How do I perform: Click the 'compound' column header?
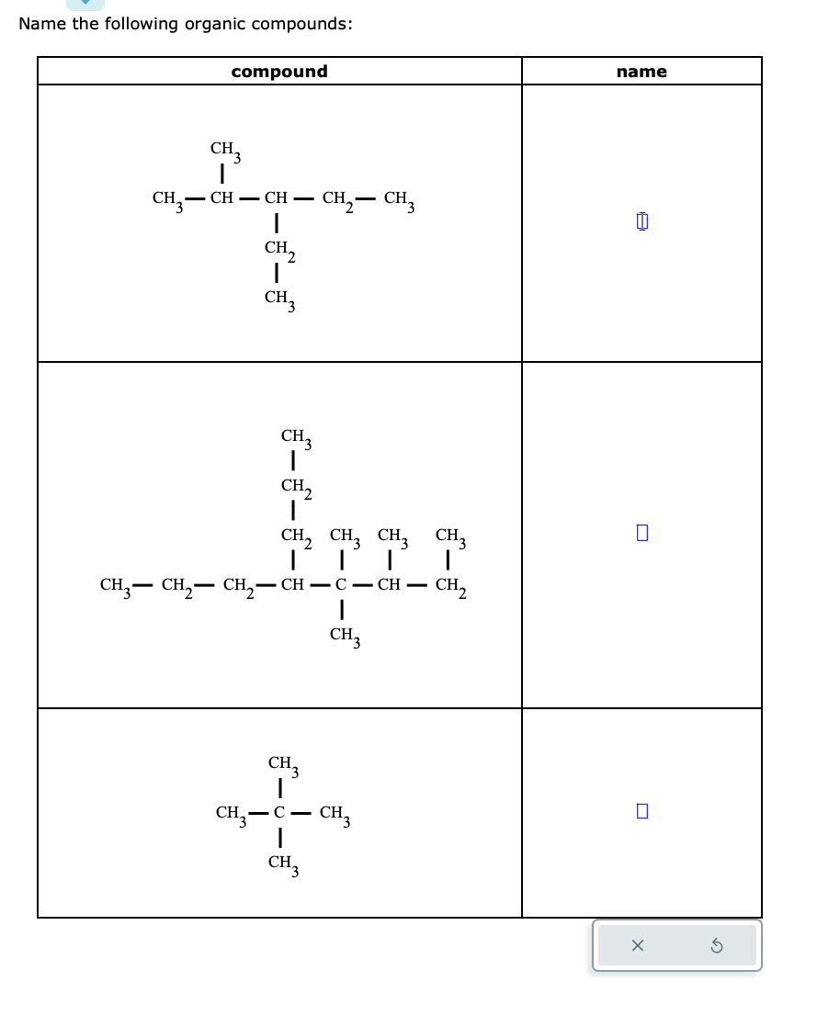[x=279, y=72]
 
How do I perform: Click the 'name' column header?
[x=641, y=72]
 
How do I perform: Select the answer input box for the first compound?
[x=642, y=221]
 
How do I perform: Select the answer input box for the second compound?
[x=642, y=533]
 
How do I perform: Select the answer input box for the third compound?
[x=642, y=811]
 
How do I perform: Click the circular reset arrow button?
[x=718, y=945]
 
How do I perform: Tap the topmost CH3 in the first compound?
[x=224, y=150]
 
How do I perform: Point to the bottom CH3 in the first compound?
[x=278, y=299]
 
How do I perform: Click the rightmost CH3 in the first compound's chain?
[x=399, y=199]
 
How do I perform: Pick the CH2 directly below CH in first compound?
[x=278, y=249]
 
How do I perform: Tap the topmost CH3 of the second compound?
[x=295, y=437]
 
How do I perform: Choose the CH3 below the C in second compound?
[x=344, y=635]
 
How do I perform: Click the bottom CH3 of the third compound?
[x=282, y=863]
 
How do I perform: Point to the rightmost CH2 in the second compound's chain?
[x=450, y=586]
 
